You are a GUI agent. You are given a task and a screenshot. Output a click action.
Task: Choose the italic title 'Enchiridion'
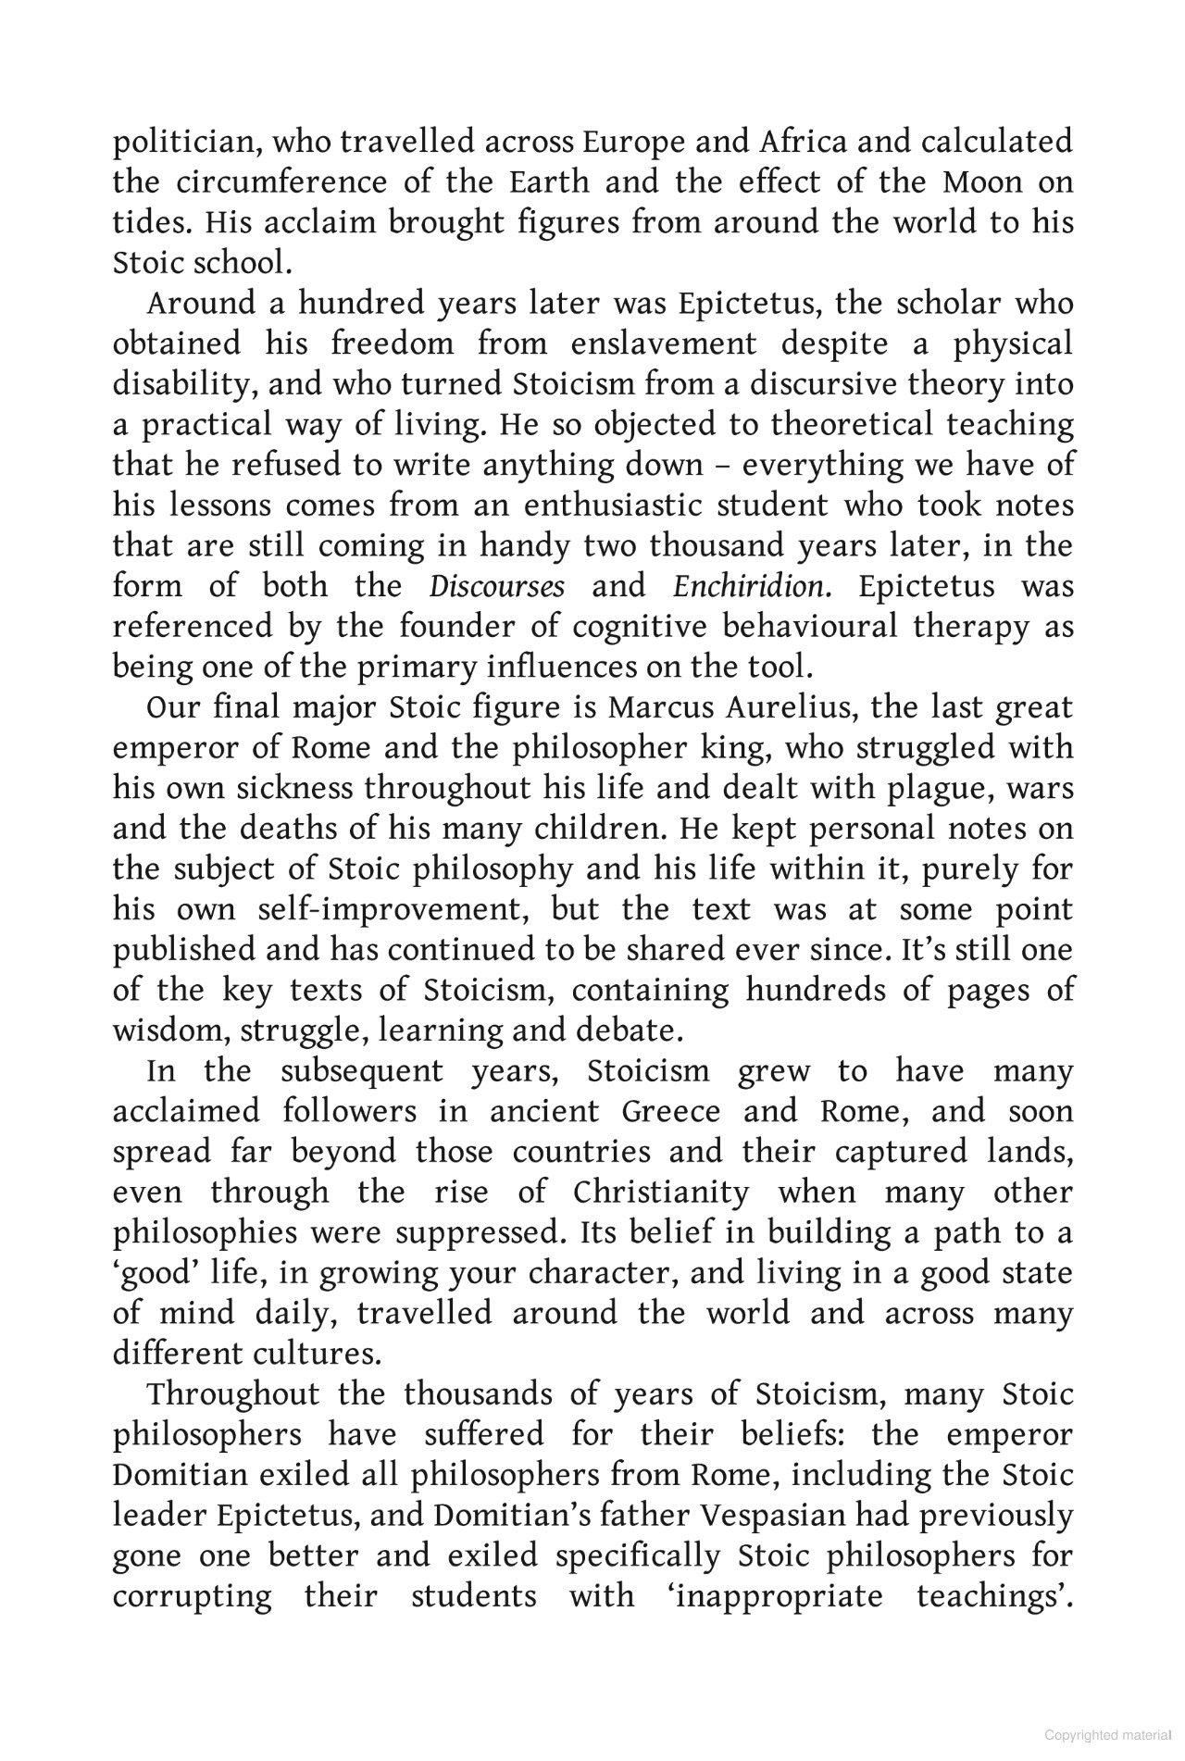(x=748, y=587)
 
